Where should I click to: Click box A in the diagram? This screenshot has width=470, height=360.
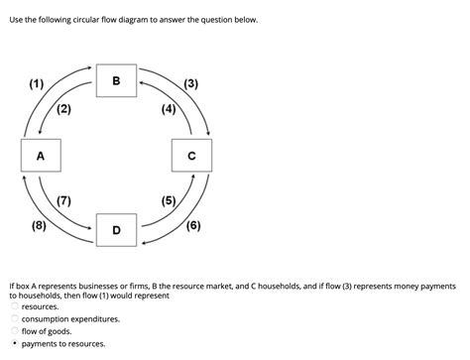tap(41, 156)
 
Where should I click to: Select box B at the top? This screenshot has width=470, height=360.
tap(115, 80)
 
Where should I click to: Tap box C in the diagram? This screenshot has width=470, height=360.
tap(191, 156)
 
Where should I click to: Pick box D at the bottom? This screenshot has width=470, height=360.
tap(116, 230)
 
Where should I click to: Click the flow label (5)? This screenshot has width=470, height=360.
tap(168, 201)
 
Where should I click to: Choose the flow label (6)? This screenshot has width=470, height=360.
tap(191, 225)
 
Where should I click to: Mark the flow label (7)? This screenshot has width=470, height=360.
tap(63, 201)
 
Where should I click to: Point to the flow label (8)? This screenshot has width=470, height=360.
tap(39, 225)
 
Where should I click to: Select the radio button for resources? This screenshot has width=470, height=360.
tap(15, 307)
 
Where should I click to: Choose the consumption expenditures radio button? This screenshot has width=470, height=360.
tap(15, 319)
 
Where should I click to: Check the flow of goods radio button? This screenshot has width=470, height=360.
tap(15, 331)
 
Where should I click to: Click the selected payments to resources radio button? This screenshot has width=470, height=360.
tap(15, 344)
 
